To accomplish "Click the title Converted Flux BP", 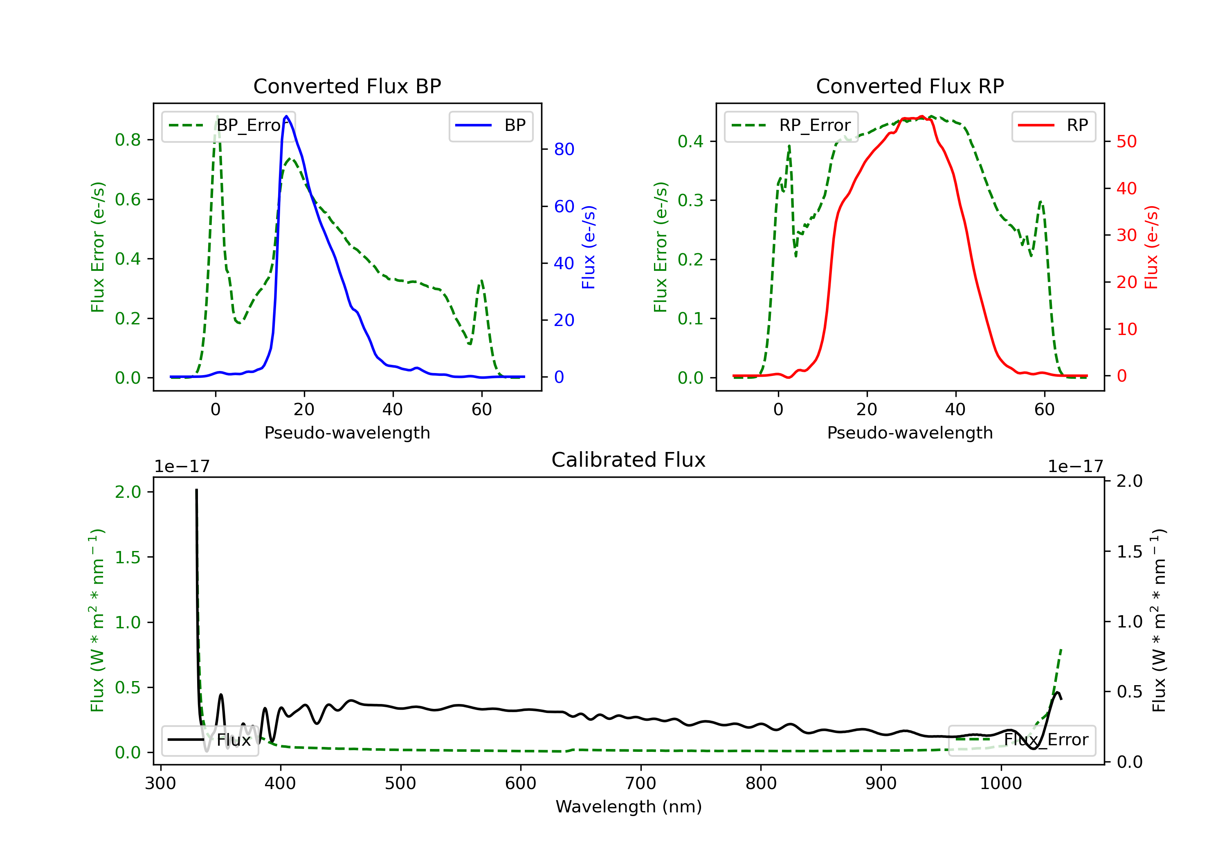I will point(347,86).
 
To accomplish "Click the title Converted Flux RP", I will point(910,86).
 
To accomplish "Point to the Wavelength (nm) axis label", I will point(629,807).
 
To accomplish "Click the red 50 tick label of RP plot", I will point(1126,142).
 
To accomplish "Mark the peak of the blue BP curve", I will point(286,116).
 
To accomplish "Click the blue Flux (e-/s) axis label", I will point(589,247).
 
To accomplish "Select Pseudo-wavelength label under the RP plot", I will point(910,432).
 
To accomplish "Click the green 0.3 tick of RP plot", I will point(690,200).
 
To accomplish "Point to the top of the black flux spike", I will point(196,490).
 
